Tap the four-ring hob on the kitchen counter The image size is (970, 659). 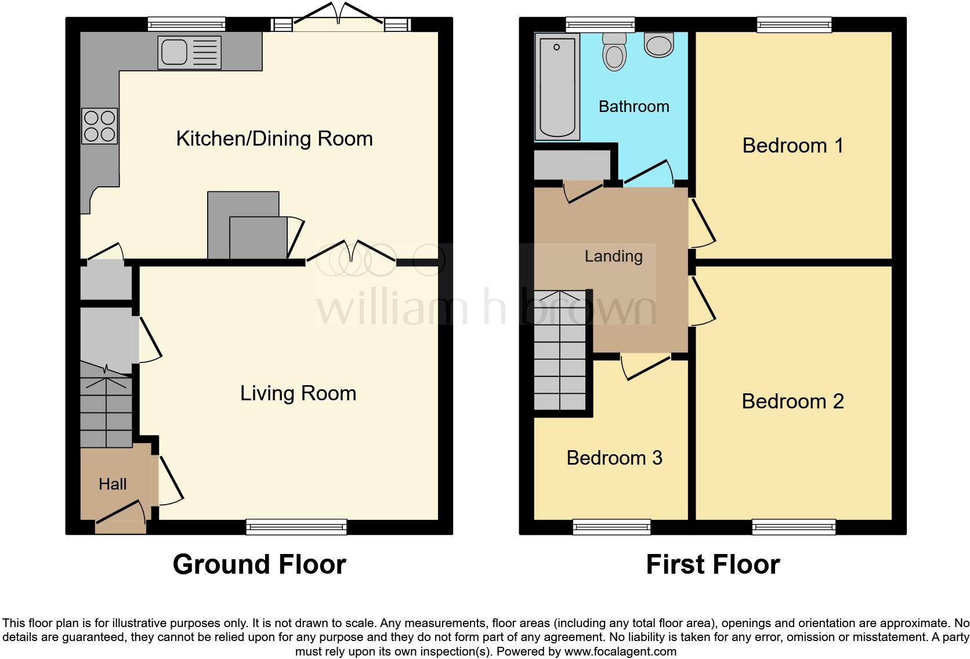pyautogui.click(x=99, y=126)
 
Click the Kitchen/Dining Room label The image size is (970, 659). pyautogui.click(x=274, y=139)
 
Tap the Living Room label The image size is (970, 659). pyautogui.click(x=298, y=393)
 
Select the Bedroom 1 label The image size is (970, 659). pyautogui.click(x=792, y=145)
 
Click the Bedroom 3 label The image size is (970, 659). pyautogui.click(x=614, y=458)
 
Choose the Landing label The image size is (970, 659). pyautogui.click(x=613, y=256)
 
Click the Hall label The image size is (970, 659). pyautogui.click(x=113, y=484)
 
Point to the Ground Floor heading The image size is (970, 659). pyautogui.click(x=259, y=564)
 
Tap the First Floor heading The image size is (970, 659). pyautogui.click(x=712, y=564)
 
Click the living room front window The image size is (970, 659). pyautogui.click(x=296, y=527)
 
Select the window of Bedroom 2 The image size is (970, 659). pyautogui.click(x=794, y=527)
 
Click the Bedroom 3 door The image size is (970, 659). pyautogui.click(x=645, y=366)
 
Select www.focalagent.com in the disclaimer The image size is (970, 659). pyautogui.click(x=620, y=651)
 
